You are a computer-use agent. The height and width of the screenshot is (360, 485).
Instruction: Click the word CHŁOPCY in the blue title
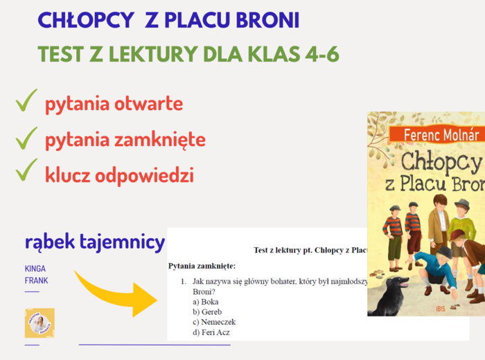click(x=85, y=21)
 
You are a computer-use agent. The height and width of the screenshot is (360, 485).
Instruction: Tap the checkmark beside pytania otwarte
click(x=26, y=102)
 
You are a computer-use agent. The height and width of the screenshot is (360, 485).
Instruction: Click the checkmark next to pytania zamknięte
click(x=26, y=138)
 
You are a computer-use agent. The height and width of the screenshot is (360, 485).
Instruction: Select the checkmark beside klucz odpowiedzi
click(x=26, y=170)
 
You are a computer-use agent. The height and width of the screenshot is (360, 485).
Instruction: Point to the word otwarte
click(x=148, y=104)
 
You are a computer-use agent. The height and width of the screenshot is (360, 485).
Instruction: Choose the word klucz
click(x=71, y=175)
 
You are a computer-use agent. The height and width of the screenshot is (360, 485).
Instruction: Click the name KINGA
click(x=35, y=268)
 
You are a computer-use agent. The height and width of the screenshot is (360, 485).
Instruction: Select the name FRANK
click(x=36, y=280)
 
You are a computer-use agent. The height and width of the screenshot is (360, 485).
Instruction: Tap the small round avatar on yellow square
click(x=39, y=323)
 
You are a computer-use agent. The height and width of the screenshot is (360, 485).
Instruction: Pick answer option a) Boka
click(x=205, y=302)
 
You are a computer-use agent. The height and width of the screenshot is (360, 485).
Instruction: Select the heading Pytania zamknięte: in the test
click(x=202, y=266)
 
